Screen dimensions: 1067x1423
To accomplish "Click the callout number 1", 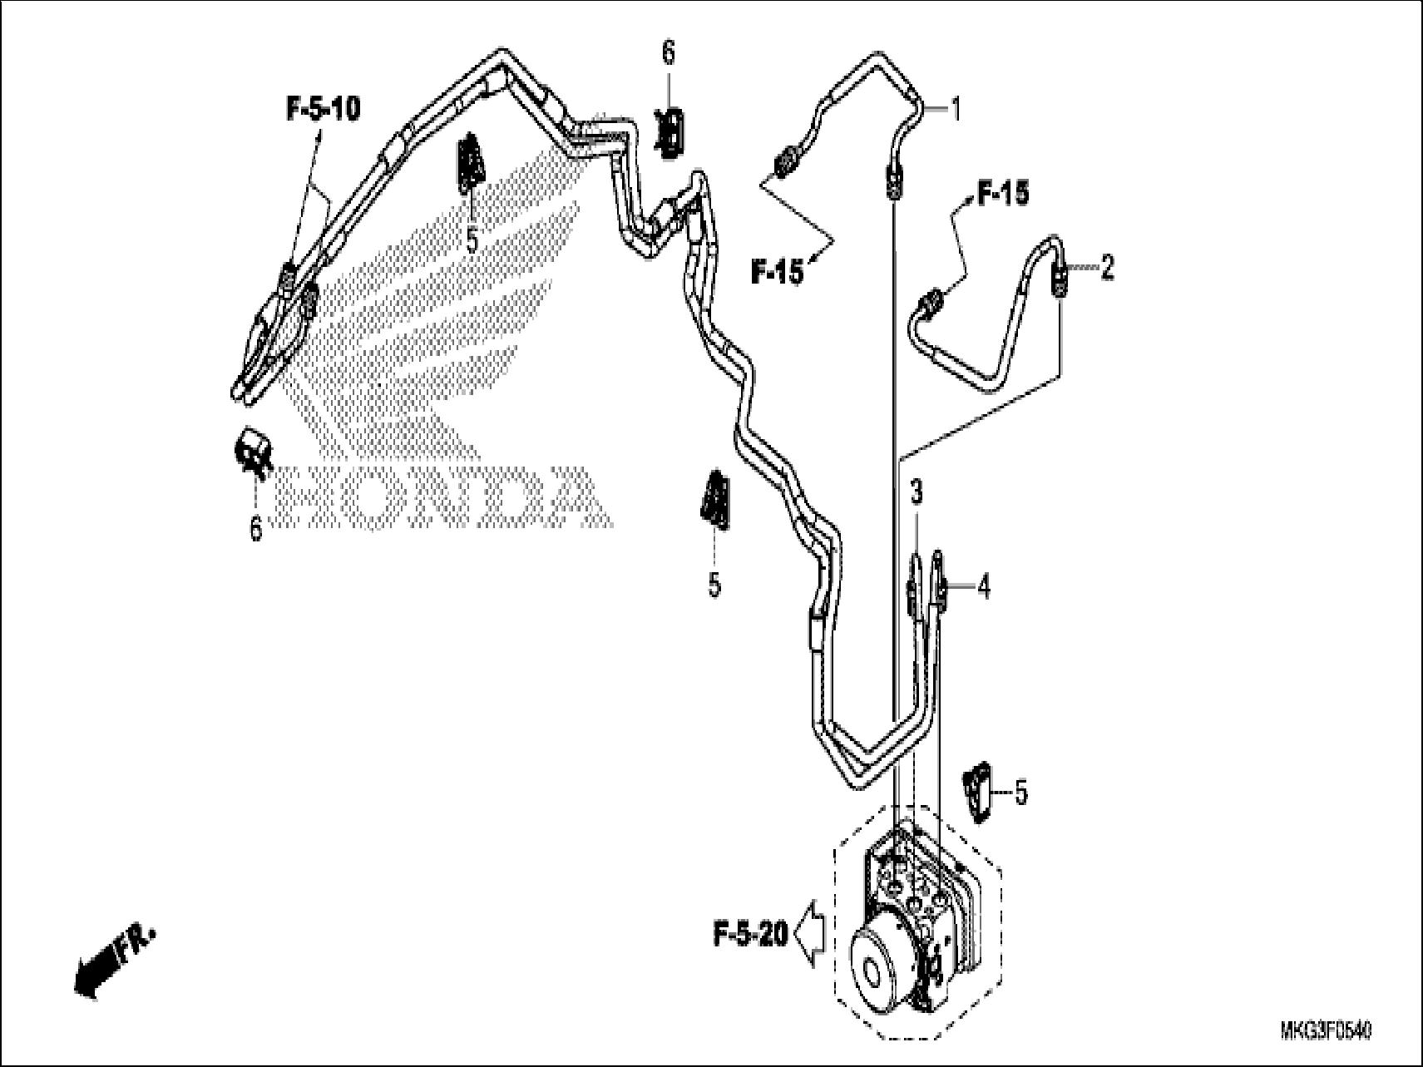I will [x=956, y=108].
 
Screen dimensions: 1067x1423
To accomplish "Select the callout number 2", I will [x=1106, y=268].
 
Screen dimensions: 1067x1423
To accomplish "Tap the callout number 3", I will [x=916, y=493].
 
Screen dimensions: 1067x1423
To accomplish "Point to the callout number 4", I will [x=984, y=588].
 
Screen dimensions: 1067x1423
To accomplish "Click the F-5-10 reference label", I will [x=323, y=109].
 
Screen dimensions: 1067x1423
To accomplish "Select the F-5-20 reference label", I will [x=749, y=936].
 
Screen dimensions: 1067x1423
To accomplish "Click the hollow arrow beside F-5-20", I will [x=809, y=936].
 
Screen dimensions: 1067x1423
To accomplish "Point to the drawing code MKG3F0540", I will [x=1326, y=1032].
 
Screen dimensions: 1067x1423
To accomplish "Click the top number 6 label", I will [x=669, y=53].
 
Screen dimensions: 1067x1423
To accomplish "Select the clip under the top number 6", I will [x=671, y=131].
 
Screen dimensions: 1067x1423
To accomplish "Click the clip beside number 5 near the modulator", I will [x=977, y=793].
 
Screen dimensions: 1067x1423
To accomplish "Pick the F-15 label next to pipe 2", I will [x=1003, y=193].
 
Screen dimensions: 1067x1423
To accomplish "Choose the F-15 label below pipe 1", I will [x=778, y=271].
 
